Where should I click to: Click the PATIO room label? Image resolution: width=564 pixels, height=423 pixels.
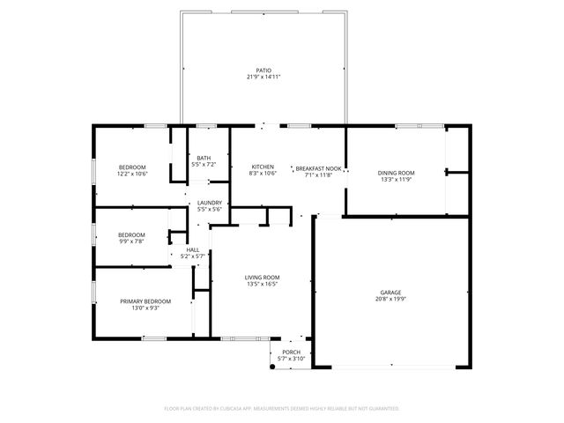pos(263,70)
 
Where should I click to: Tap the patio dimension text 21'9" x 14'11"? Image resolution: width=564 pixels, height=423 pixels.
pos(263,77)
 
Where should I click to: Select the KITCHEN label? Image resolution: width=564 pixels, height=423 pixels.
pos(263,167)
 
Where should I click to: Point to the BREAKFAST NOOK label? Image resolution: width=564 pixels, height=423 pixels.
pos(318,168)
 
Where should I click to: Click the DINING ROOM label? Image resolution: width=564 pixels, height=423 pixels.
pos(397,173)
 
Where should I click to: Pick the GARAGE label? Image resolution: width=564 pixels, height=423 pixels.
pos(391,292)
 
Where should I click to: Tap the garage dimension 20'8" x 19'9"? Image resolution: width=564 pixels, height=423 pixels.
pos(391,299)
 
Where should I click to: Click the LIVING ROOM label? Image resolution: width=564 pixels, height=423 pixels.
pos(262,278)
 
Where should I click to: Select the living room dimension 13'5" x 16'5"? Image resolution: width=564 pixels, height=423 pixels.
pos(262,284)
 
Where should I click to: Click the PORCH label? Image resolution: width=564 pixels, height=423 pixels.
pos(291,352)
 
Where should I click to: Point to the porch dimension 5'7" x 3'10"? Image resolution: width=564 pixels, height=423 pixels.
pos(291,359)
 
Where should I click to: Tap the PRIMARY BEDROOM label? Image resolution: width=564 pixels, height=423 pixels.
pos(145,301)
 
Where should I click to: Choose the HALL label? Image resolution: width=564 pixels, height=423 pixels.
pos(192,250)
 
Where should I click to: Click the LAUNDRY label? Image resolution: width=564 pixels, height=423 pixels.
pos(210,203)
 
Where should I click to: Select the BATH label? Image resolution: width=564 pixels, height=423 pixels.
pos(204,158)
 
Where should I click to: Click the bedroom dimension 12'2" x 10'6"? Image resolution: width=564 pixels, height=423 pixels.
pos(133,174)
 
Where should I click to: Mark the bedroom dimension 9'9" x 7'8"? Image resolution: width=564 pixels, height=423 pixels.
pos(131,241)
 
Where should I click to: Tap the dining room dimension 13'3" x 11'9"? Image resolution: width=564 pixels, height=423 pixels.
pos(397,179)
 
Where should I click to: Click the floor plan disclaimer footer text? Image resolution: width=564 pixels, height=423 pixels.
pos(282,408)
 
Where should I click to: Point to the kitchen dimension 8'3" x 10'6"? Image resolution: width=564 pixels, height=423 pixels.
pos(263,174)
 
